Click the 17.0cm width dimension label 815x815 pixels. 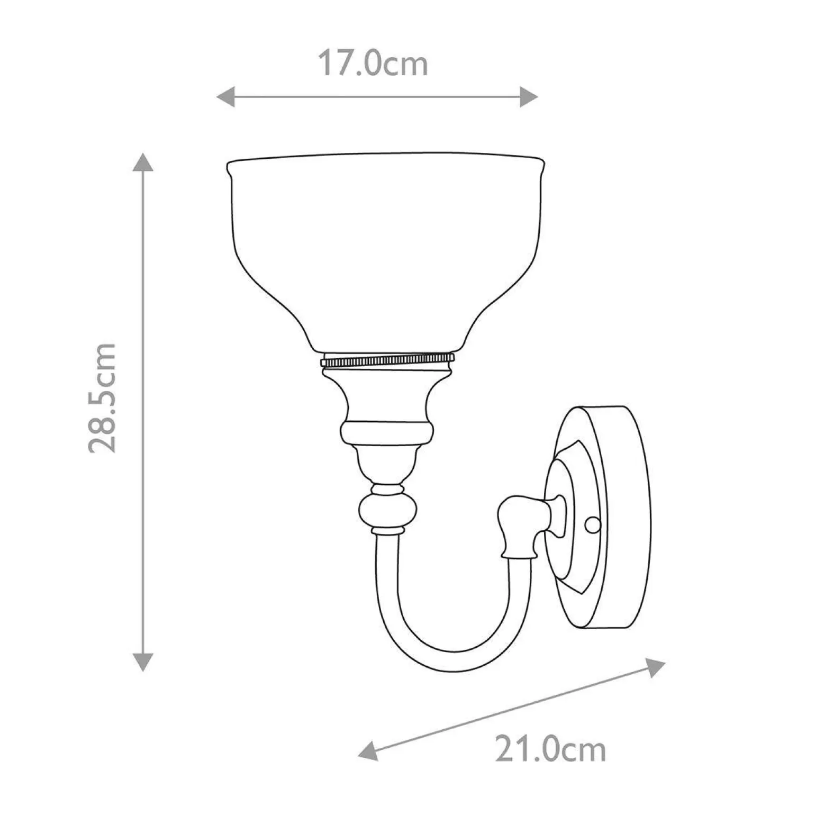(373, 64)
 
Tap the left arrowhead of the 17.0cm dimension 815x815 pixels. (225, 97)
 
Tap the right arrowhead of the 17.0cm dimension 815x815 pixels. (529, 97)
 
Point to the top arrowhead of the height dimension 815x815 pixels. (142, 162)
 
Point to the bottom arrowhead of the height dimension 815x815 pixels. (142, 662)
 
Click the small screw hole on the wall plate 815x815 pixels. (593, 524)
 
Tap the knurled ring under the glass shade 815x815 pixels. (387, 361)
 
